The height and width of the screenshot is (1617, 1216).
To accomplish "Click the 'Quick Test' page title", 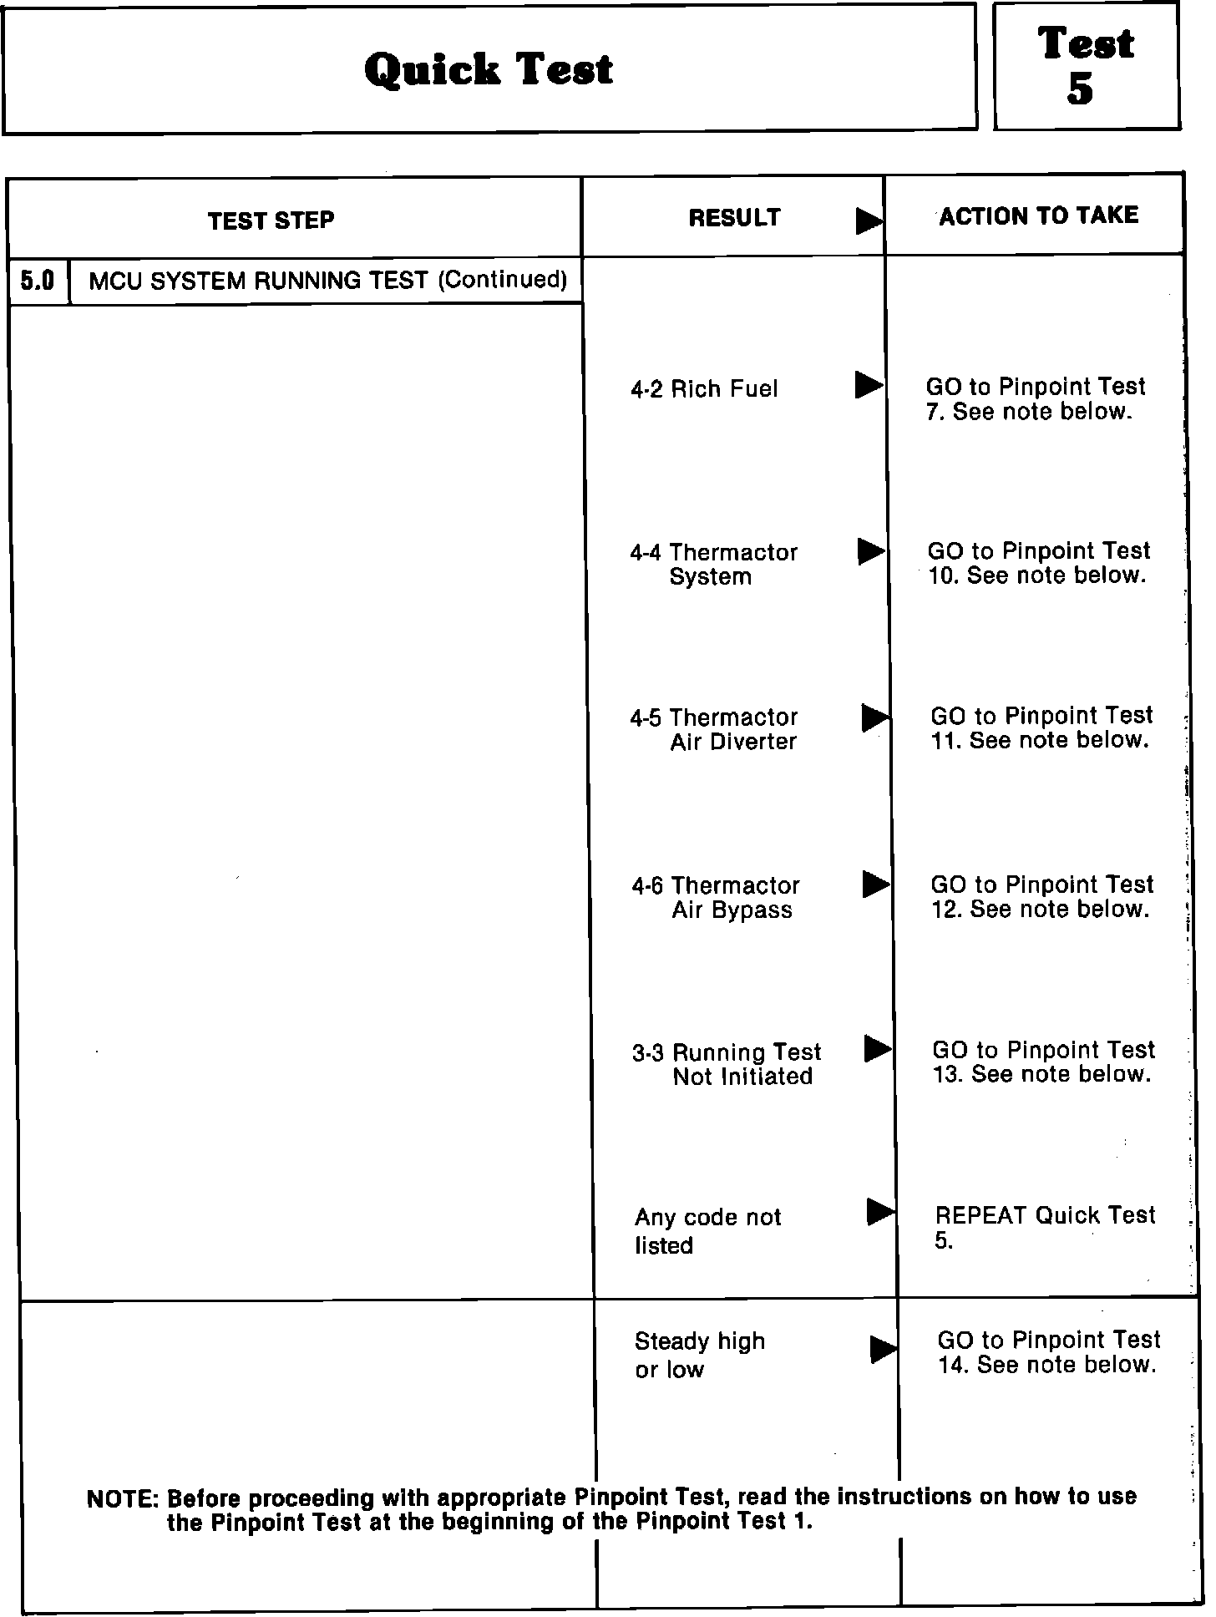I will click(489, 68).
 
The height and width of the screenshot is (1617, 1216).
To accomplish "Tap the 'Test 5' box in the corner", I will click(1086, 66).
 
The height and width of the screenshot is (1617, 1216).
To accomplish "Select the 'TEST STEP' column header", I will click(271, 220).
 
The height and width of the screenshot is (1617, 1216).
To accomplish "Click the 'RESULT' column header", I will click(734, 218).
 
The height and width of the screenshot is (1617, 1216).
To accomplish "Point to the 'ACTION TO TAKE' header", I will click(1038, 215).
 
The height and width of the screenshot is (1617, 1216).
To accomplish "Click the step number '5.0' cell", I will click(38, 281).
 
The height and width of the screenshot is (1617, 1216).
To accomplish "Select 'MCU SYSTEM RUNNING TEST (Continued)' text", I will click(327, 280).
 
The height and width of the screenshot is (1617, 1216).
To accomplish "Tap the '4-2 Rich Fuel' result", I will click(704, 389).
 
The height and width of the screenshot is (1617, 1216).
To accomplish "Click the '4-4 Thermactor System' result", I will click(713, 565).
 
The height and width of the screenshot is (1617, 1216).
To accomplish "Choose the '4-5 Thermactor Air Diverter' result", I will click(714, 729).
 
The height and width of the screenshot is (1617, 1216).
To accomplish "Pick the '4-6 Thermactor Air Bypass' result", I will click(716, 897).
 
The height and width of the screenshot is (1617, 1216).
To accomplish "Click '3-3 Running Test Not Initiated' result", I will click(727, 1064).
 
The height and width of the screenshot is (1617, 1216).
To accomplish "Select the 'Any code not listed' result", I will click(707, 1231).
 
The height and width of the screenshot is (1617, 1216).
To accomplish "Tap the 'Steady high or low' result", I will click(699, 1355).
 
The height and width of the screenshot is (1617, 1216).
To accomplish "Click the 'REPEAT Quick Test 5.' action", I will click(1045, 1227).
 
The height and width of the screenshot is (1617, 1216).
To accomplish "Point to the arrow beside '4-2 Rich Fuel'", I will click(869, 385).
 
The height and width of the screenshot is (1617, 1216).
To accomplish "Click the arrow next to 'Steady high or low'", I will click(883, 1349).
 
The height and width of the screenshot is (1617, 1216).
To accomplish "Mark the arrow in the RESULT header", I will click(869, 221).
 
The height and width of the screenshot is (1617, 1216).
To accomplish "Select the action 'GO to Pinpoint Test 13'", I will click(1043, 1062).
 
